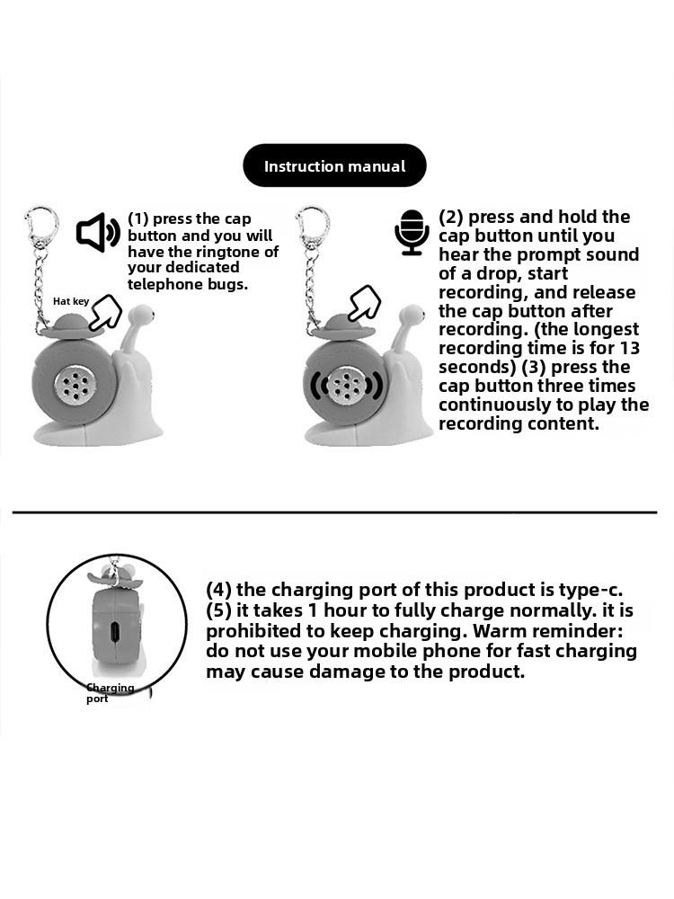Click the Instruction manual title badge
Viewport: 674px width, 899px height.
334,166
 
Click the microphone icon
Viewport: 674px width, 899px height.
412,233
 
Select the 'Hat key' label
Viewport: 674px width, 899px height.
71,301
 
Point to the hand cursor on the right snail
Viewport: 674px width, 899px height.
365,304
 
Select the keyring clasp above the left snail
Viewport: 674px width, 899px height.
40,226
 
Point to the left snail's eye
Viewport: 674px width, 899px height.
148,316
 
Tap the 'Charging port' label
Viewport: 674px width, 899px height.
110,693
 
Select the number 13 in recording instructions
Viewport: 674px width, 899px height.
629,348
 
